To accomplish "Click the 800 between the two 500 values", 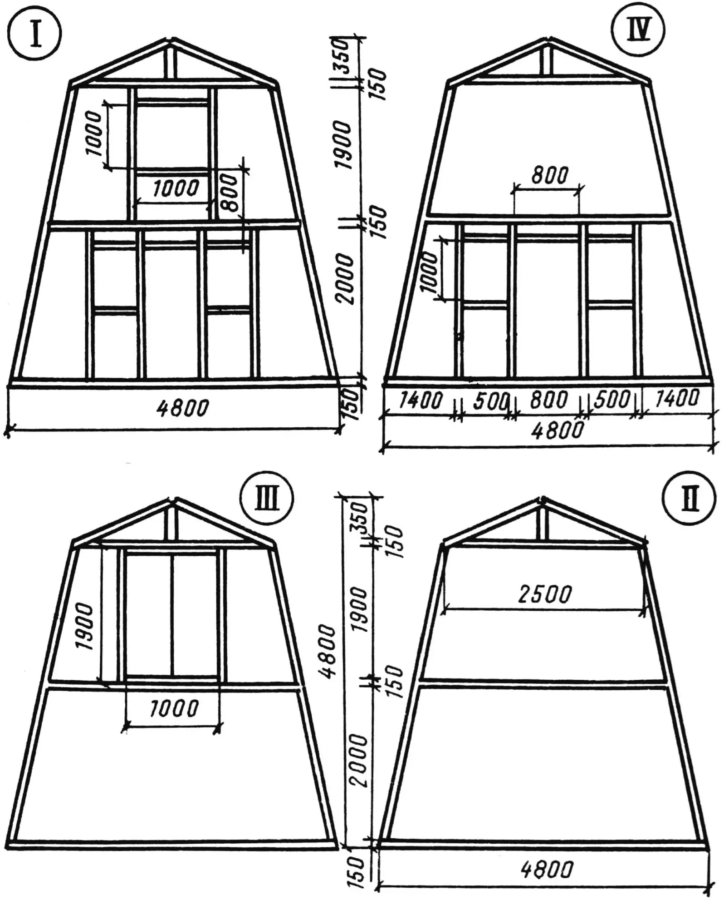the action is (548, 400).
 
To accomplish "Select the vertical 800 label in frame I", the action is (230, 193).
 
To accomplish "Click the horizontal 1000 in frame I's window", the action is (176, 188).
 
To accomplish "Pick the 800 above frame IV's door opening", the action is (549, 175).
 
